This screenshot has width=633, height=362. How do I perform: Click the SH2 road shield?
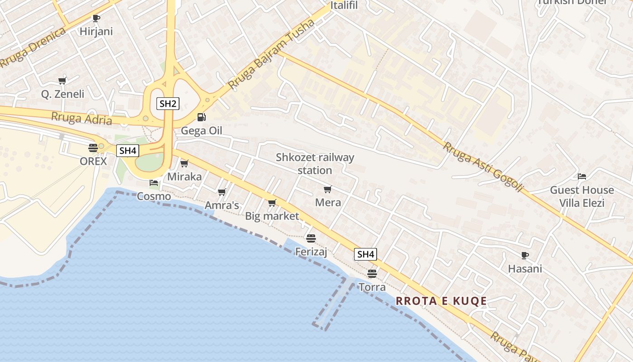168,104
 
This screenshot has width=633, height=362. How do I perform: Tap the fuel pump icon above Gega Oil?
201,117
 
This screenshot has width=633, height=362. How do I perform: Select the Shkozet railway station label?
315,164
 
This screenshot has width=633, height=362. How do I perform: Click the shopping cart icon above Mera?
328,189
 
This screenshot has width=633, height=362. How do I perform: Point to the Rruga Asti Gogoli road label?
483,167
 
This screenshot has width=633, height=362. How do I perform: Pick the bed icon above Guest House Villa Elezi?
582,176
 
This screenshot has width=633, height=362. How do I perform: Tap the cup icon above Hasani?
524,255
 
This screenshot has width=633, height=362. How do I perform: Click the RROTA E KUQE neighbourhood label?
441,301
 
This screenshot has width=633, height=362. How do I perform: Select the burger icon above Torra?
372,273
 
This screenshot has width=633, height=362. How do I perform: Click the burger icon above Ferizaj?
311,238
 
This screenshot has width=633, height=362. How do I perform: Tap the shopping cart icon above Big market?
272,203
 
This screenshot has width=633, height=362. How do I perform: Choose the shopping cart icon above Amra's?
222,192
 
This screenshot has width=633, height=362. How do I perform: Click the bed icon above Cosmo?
154,183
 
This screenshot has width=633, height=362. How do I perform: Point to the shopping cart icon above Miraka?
184,163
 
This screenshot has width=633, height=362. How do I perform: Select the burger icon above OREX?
93,148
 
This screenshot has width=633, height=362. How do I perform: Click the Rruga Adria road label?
81,119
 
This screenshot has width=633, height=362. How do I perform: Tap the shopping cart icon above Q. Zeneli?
62,81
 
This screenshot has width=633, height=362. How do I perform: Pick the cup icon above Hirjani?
96,18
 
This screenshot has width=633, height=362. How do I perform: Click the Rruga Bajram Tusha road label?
271,54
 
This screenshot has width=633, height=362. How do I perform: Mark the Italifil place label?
344,5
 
